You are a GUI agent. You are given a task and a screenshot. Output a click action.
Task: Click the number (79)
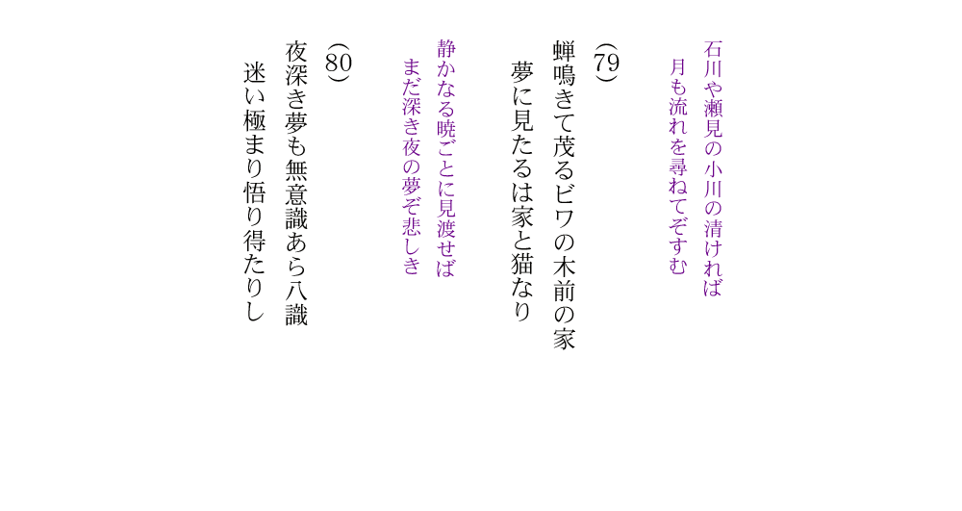pyautogui.click(x=606, y=63)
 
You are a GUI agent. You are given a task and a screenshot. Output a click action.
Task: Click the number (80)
pyautogui.click(x=338, y=63)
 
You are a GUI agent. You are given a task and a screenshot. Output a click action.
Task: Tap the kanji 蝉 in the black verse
pyautogui.click(x=564, y=53)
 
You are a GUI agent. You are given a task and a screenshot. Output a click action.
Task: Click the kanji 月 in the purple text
pyautogui.click(x=678, y=67)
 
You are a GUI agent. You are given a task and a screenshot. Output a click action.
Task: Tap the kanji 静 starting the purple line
pyautogui.click(x=446, y=49)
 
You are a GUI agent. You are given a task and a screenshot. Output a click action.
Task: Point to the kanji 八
pyautogui.click(x=296, y=289)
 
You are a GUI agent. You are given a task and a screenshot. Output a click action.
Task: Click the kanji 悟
pyautogui.click(x=254, y=193)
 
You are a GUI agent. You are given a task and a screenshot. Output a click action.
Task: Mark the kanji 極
pyautogui.click(x=254, y=121)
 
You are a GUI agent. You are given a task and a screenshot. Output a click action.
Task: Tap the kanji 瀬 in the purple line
pyautogui.click(x=712, y=109)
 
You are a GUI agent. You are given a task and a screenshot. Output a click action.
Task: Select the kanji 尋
pyautogui.click(x=678, y=166)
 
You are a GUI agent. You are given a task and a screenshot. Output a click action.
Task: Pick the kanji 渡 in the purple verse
pyautogui.click(x=446, y=228)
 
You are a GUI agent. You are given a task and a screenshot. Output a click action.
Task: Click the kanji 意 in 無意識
pyautogui.click(x=296, y=193)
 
